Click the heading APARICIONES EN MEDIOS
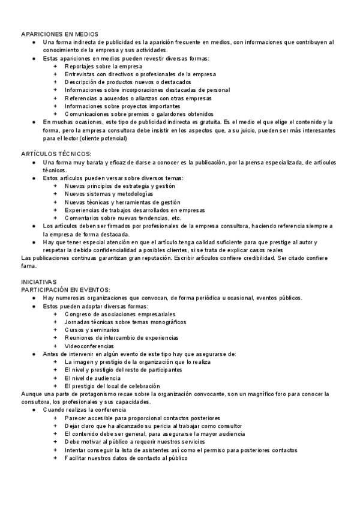point(59,34)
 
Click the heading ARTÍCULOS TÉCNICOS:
point(56,154)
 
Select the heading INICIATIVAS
point(39,282)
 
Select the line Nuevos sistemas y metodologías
point(109,194)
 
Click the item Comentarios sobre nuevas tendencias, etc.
point(123,218)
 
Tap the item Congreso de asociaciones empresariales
point(120,313)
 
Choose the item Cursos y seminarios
point(92,330)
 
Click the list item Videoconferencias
point(89,346)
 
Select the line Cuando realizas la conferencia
point(84,409)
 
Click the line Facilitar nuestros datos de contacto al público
point(126,457)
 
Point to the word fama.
point(28,265)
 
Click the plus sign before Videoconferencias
point(55,346)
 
